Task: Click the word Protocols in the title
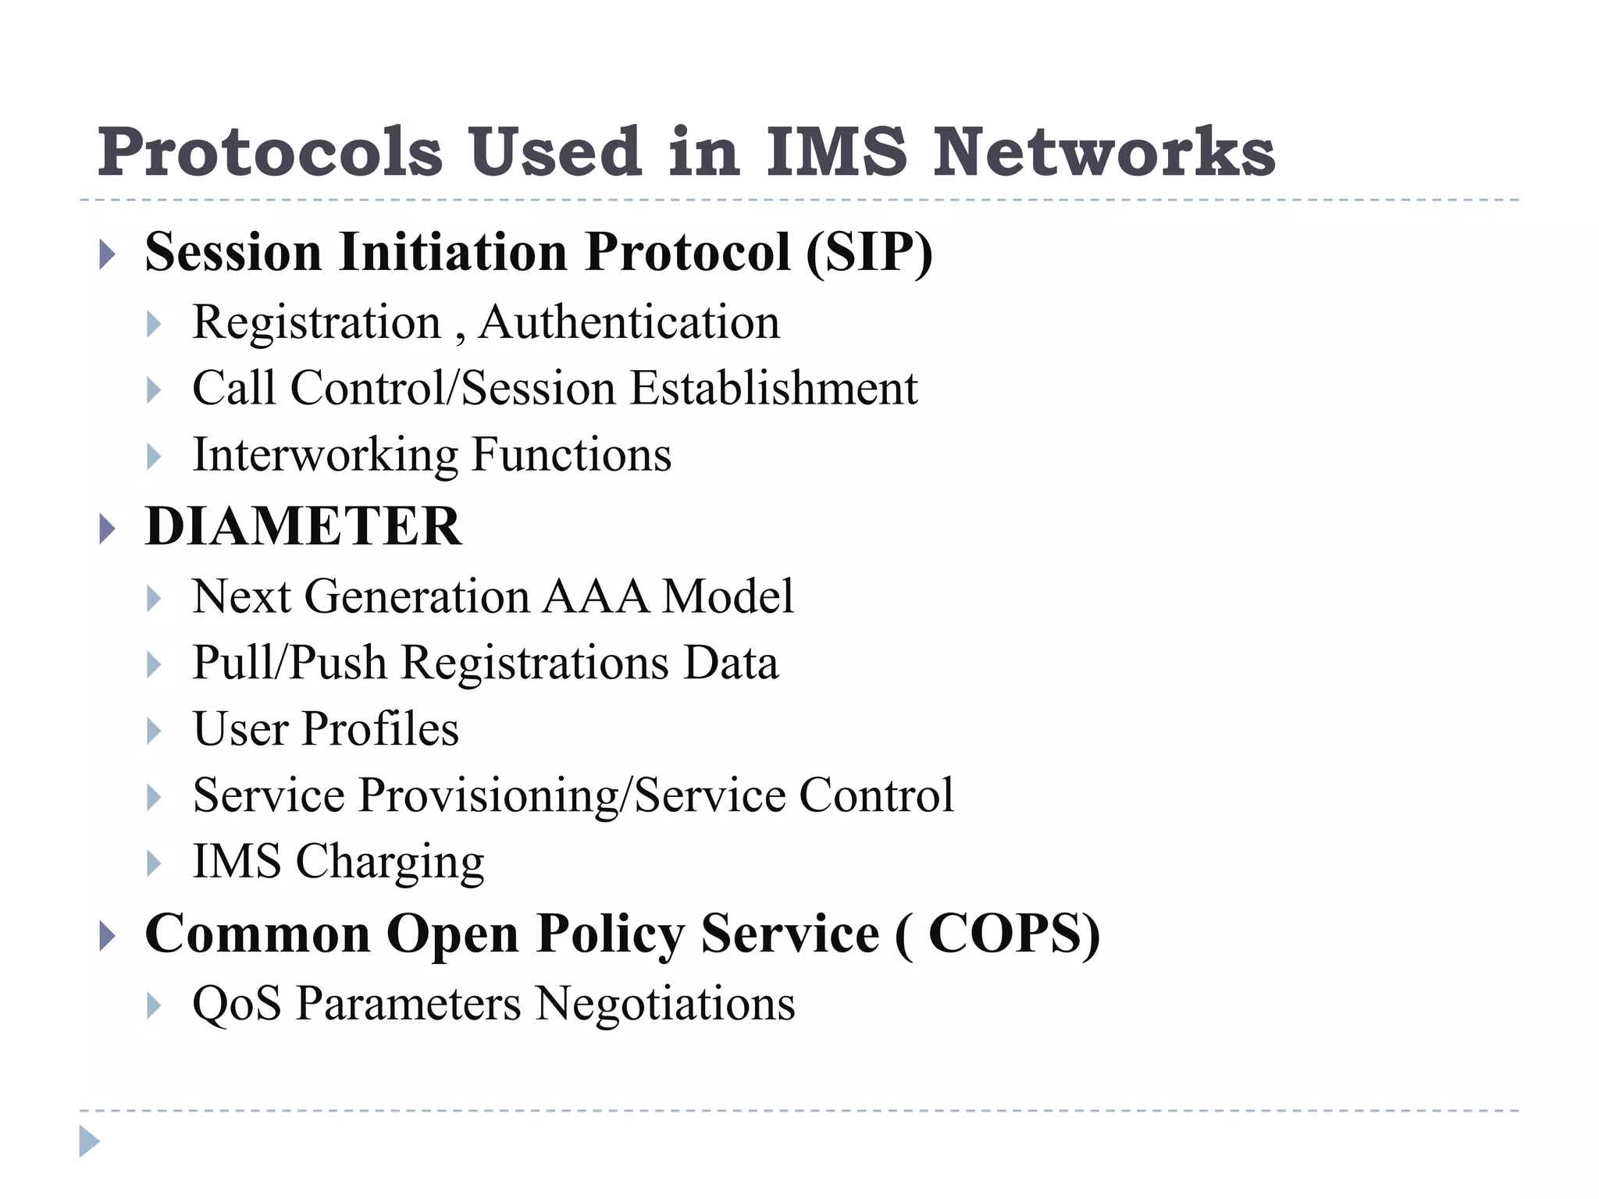269,152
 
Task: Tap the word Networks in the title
1104,152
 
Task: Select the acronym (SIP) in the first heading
869,252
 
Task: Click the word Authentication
629,322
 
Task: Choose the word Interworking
325,455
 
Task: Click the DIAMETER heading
303,526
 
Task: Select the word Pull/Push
290,664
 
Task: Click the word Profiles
380,729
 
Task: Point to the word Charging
390,863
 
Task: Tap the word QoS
237,1004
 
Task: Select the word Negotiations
666,1004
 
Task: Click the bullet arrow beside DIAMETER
108,530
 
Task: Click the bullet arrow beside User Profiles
154,731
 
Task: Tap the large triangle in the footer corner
89,1141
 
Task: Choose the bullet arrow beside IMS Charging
154,864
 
